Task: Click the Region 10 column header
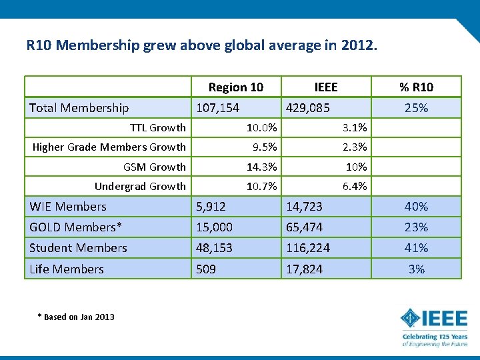(x=236, y=87)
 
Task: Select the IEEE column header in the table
(x=326, y=87)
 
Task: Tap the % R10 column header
(x=416, y=87)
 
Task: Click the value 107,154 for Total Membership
(x=217, y=108)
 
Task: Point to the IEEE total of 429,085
(x=308, y=108)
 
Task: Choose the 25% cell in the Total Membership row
(x=416, y=108)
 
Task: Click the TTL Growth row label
(x=158, y=127)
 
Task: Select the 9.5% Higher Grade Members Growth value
(x=265, y=147)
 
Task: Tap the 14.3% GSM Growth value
(x=262, y=167)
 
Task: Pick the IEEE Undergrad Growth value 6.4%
(x=355, y=186)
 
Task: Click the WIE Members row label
(x=68, y=207)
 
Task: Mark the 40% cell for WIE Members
(x=416, y=207)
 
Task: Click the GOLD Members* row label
(x=75, y=227)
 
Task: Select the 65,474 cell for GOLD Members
(x=304, y=227)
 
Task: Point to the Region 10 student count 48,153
(x=214, y=248)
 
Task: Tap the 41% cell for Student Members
(x=416, y=247)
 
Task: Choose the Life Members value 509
(x=206, y=269)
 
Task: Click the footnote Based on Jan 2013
(x=76, y=317)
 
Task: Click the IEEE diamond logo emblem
(x=410, y=318)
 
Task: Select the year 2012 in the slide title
(x=359, y=45)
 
